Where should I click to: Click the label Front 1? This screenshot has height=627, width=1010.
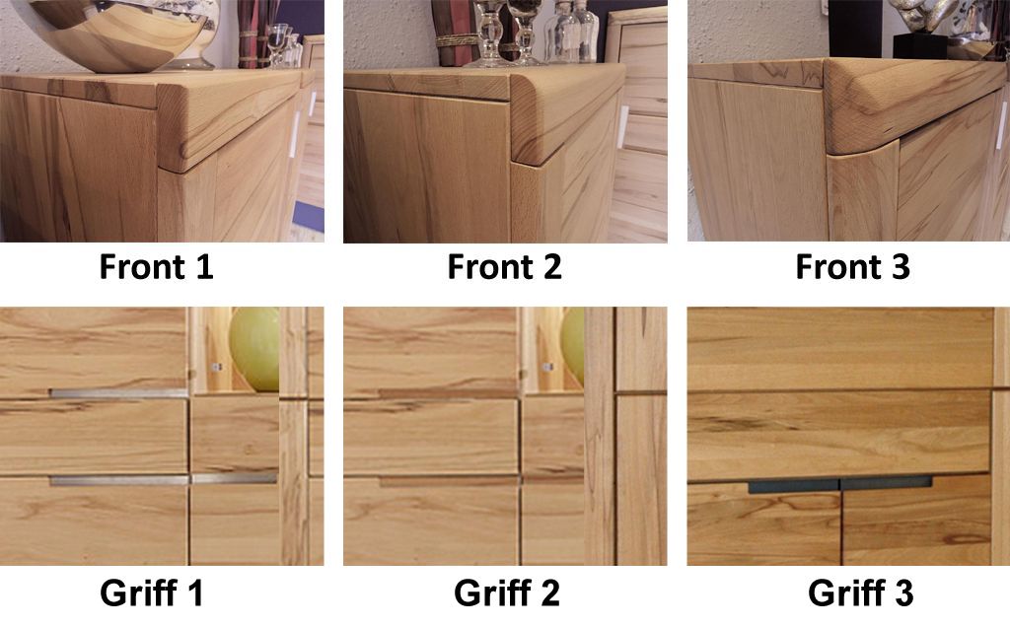pyautogui.click(x=156, y=266)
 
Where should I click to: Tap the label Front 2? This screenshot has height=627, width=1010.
pyautogui.click(x=504, y=266)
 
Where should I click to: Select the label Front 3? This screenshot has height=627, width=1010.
pyautogui.click(x=853, y=266)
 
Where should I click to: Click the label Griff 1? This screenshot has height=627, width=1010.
pyautogui.click(x=152, y=592)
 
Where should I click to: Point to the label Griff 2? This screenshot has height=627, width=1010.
pyautogui.click(x=507, y=592)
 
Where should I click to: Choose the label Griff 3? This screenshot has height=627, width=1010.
pyautogui.click(x=860, y=592)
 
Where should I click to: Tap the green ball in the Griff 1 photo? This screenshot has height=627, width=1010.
pyautogui.click(x=255, y=349)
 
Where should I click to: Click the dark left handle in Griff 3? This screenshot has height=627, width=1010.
pyautogui.click(x=794, y=486)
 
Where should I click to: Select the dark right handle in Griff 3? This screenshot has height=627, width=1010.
pyautogui.click(x=887, y=483)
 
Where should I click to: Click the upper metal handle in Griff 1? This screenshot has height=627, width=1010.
pyautogui.click(x=119, y=392)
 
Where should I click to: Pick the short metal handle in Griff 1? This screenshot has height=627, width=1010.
pyautogui.click(x=235, y=479)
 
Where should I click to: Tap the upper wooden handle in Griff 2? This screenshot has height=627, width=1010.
pyautogui.click(x=449, y=393)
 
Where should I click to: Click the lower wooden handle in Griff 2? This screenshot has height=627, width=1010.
pyautogui.click(x=449, y=481)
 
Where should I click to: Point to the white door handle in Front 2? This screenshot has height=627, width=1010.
pyautogui.click(x=623, y=127)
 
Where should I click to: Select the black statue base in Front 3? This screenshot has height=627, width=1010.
pyautogui.click(x=920, y=46)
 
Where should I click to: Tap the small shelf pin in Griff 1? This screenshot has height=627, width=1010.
pyautogui.click(x=217, y=367)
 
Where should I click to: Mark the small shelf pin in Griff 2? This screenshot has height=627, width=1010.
pyautogui.click(x=547, y=367)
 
